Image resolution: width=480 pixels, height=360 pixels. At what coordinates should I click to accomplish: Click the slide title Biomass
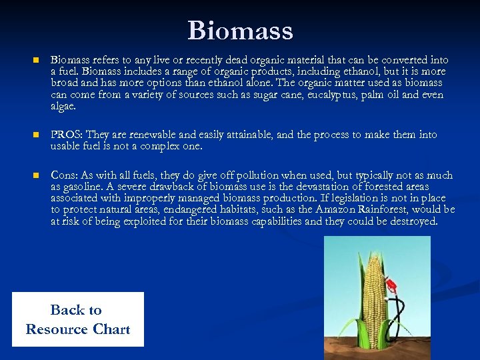coord(240,31)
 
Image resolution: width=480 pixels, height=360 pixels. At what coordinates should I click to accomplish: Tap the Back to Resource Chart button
coord(78,319)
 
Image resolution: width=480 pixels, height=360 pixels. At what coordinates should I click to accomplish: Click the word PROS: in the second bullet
coord(67,135)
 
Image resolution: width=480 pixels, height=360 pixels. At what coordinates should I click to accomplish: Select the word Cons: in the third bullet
coord(65,175)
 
